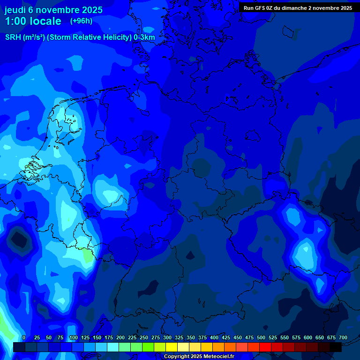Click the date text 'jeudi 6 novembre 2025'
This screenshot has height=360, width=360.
click(x=53, y=10)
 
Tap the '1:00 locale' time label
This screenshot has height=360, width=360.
click(x=33, y=21)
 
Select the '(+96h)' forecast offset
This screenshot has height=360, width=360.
click(x=81, y=21)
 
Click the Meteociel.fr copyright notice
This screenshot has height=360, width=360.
click(x=199, y=357)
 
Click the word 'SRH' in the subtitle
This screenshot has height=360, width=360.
click(x=13, y=37)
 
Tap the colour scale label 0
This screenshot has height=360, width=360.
click(x=24, y=338)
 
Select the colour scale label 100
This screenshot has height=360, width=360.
click(x=74, y=338)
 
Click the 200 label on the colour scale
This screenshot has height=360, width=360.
click(x=120, y=338)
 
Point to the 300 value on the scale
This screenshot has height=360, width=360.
click(x=167, y=338)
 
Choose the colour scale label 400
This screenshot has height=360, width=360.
click(x=214, y=338)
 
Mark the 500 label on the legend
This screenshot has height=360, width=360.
click(x=261, y=338)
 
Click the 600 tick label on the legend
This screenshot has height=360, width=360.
click(x=308, y=338)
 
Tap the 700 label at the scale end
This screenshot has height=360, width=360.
click(x=343, y=338)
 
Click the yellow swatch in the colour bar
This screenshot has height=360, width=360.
click(x=172, y=347)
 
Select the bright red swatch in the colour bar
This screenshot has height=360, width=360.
click(x=265, y=347)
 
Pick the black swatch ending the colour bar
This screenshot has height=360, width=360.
click(x=336, y=347)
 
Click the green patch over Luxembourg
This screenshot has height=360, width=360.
click(x=87, y=255)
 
